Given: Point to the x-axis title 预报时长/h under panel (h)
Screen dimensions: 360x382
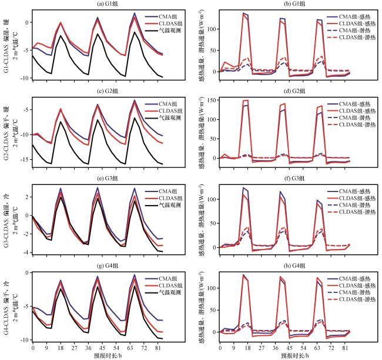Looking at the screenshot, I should pos(284,355).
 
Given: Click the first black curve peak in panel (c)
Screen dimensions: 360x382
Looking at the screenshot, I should pos(61,122).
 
